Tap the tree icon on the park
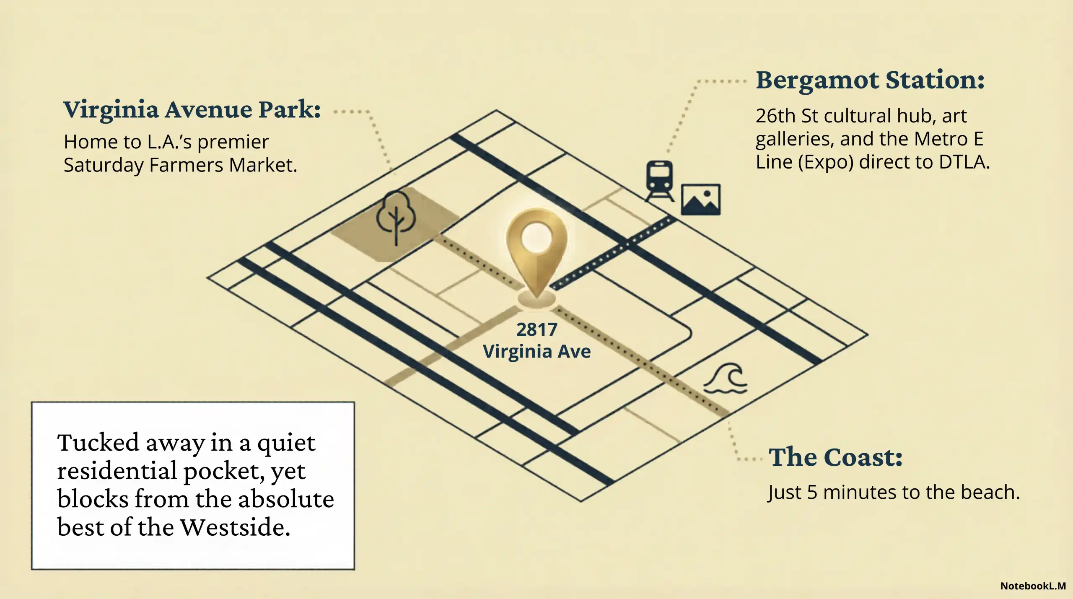coord(396,216)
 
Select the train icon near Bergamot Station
coord(660,180)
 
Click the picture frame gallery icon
coord(700,200)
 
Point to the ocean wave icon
coord(726,379)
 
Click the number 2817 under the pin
coord(536,329)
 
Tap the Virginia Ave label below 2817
coord(536,351)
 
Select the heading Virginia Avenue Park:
coord(192,110)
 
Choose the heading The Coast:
coord(835,457)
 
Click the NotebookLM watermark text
coord(1033,586)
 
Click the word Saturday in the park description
coord(104,165)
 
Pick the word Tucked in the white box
coord(98,443)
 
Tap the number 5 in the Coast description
coord(812,492)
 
